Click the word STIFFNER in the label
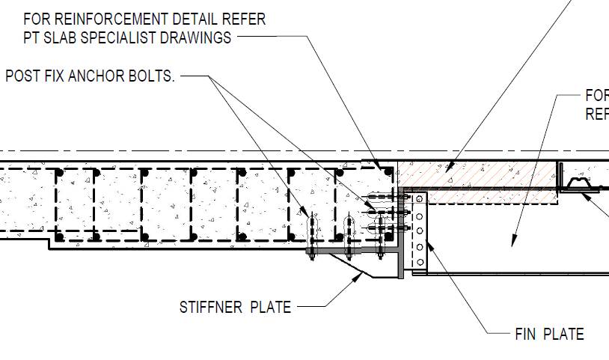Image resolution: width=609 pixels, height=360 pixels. coord(210,307)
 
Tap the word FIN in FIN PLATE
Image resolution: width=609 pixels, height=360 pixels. coord(525,335)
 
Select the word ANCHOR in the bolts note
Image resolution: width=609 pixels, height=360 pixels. coord(93,76)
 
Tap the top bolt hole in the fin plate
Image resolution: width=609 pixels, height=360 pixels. coord(420,200)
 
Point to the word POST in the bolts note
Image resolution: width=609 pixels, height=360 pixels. coord(22,76)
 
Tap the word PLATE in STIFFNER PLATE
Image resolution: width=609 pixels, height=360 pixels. coord(269,307)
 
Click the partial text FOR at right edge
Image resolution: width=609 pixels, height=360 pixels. coord(596,97)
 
